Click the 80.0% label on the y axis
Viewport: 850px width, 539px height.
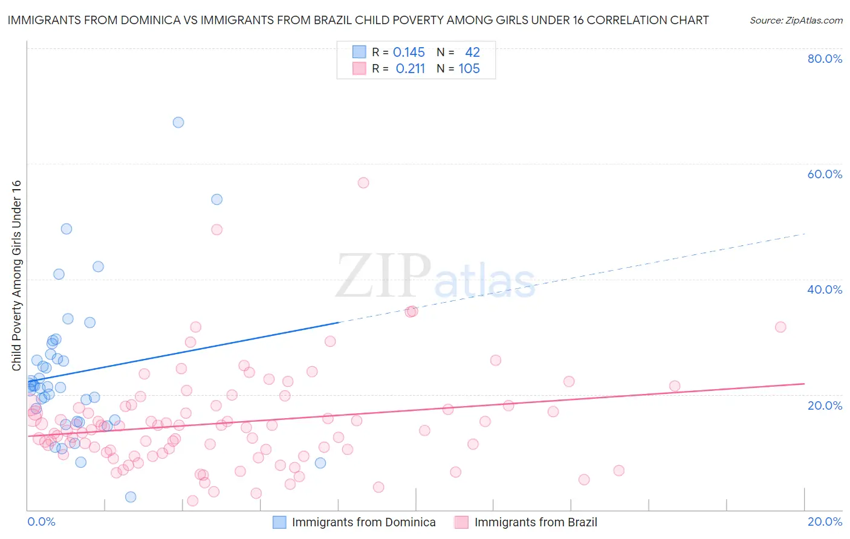(x=825, y=59)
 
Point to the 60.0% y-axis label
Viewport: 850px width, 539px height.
(x=825, y=174)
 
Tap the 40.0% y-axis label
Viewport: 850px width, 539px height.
(x=825, y=289)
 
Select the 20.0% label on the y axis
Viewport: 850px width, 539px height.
(x=825, y=405)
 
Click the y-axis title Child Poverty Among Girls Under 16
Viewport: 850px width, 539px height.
(x=16, y=276)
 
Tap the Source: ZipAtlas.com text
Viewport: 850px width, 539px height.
(x=796, y=20)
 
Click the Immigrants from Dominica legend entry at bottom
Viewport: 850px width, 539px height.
(x=363, y=522)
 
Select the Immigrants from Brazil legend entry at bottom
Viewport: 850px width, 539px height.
(x=536, y=522)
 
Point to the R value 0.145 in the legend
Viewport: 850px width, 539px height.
(x=409, y=53)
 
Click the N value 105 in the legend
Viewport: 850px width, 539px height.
(x=469, y=69)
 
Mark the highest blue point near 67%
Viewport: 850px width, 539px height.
(x=178, y=122)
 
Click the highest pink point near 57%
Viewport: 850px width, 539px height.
(x=363, y=182)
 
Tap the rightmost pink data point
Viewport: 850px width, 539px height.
(x=780, y=327)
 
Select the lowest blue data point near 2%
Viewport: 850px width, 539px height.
(x=131, y=497)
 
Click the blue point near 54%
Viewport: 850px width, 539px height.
(x=216, y=199)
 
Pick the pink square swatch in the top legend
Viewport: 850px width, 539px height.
(x=360, y=69)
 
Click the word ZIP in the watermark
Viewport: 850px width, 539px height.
(x=383, y=276)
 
